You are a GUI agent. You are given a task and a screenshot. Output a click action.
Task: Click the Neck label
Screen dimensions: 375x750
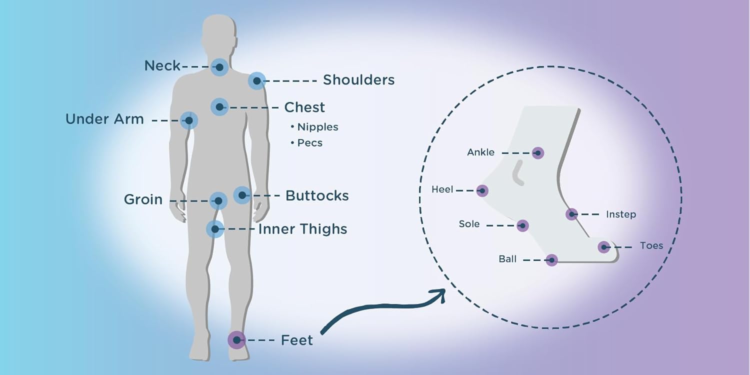click(x=162, y=65)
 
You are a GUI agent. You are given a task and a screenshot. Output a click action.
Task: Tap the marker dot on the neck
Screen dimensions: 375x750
click(x=219, y=66)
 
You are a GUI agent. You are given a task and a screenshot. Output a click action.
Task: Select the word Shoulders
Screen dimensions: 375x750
click(x=358, y=80)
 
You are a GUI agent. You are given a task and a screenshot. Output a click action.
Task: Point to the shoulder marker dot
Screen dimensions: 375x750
click(x=256, y=80)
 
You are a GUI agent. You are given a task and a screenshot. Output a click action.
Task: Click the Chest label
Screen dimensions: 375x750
click(x=304, y=107)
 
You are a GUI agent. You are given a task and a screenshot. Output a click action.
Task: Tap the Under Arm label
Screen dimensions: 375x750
click(x=104, y=119)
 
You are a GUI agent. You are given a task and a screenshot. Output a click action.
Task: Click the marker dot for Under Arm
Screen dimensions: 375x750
click(x=189, y=120)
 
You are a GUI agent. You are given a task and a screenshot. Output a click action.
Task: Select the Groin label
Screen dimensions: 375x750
click(x=143, y=199)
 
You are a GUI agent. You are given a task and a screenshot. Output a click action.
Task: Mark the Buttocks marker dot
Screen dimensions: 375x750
click(x=242, y=195)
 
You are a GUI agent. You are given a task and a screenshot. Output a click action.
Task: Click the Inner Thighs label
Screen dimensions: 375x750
click(x=302, y=229)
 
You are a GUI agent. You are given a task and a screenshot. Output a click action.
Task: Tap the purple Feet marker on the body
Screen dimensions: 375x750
click(x=236, y=340)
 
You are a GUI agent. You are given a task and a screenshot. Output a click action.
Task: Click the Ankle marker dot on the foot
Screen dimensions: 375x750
click(x=538, y=153)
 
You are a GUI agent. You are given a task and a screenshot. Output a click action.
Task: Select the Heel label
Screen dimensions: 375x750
click(x=442, y=189)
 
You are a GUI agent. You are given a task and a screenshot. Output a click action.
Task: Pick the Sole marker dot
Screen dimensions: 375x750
click(x=522, y=225)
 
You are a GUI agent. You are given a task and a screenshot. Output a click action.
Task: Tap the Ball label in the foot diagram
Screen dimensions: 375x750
click(x=507, y=259)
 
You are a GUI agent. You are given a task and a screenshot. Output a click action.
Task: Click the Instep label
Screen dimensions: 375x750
click(x=620, y=214)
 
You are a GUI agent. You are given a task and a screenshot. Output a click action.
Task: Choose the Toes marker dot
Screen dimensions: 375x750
click(x=604, y=246)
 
